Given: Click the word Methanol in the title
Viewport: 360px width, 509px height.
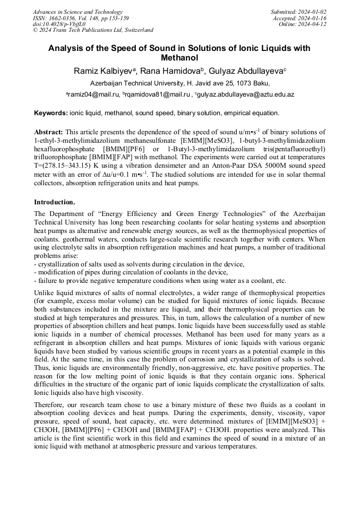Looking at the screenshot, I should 179,57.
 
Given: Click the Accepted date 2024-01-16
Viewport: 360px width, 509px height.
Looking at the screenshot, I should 313,18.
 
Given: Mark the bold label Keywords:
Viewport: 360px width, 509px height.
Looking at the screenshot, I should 51,113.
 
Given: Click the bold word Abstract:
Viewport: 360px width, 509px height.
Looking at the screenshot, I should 48,132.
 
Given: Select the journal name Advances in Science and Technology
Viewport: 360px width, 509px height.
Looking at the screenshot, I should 78,12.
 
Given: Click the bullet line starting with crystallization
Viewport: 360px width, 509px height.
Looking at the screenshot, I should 139,264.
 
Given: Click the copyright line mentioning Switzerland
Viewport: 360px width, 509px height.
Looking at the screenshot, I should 93,30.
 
